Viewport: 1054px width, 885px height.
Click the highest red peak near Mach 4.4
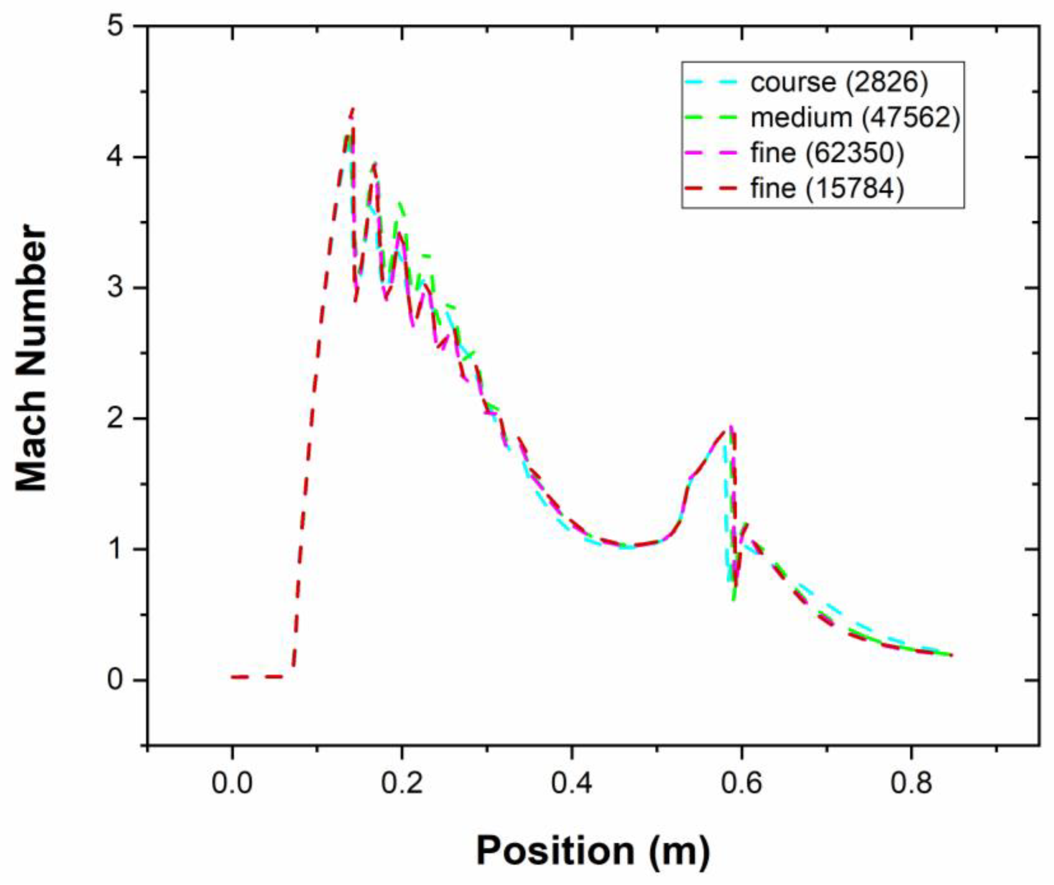coord(353,109)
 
